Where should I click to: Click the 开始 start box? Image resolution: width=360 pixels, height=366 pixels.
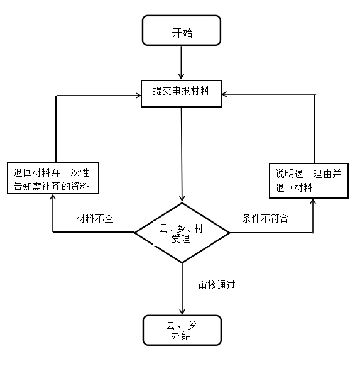point(182,30)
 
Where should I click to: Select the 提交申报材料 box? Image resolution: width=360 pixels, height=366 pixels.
point(182,94)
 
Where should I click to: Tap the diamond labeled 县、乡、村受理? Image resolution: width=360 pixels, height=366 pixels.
point(182,233)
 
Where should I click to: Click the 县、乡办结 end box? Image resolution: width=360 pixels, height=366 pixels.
point(182,330)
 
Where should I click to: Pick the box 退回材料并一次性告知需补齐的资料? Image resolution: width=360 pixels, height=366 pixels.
point(53,178)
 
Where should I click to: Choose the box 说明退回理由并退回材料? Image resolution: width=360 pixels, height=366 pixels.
point(308,180)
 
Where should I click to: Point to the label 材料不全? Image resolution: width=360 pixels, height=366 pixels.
point(95,219)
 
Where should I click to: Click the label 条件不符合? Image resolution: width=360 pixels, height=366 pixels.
point(265,218)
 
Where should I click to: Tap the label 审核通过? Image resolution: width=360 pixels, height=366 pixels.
point(217,285)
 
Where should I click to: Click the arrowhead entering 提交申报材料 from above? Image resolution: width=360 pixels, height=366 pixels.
point(181,77)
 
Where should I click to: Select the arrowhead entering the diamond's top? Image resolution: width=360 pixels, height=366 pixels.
point(182,198)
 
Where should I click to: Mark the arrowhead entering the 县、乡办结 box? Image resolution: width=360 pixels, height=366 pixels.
point(182,312)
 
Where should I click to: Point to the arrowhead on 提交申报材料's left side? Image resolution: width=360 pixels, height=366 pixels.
point(138,96)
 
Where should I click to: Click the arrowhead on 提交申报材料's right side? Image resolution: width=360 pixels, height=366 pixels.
point(225,94)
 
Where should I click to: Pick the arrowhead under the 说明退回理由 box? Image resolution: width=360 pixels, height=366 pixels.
point(313,201)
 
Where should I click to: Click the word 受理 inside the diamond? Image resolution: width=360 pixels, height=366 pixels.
point(181,238)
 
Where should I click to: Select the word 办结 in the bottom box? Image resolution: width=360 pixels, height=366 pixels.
point(181,336)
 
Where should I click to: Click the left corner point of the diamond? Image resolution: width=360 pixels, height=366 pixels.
point(134,233)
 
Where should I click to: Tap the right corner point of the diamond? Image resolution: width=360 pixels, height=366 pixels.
point(230,233)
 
